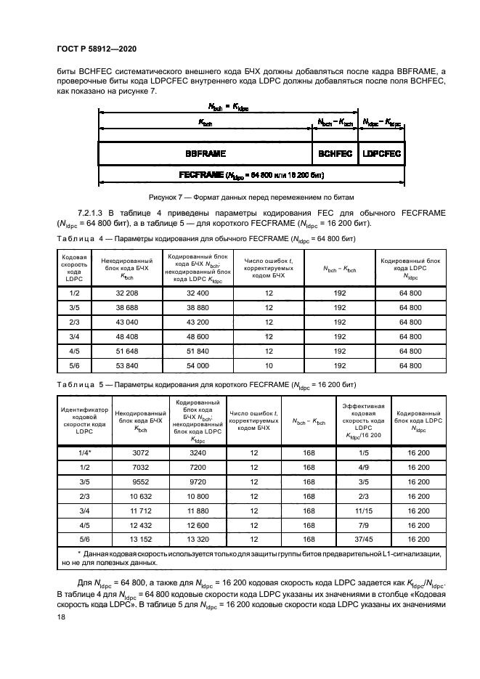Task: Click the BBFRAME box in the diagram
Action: (x=206, y=155)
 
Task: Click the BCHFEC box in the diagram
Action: (x=335, y=155)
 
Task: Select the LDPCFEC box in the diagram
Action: (x=382, y=155)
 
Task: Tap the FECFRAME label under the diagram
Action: (x=251, y=175)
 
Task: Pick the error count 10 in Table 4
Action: (x=269, y=365)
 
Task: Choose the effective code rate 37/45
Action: (x=359, y=540)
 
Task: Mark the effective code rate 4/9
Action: (x=359, y=467)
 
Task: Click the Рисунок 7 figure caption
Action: (x=240, y=197)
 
